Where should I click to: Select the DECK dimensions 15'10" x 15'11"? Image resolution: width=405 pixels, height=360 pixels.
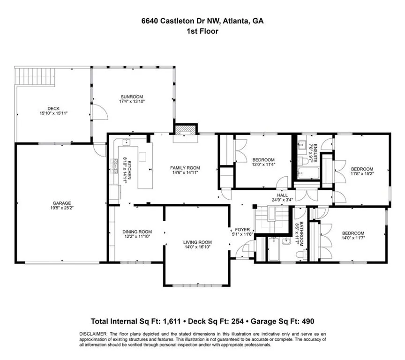tap(54, 113)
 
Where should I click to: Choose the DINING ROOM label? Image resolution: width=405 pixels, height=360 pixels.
tap(137, 232)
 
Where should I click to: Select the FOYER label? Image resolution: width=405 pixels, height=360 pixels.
tap(242, 230)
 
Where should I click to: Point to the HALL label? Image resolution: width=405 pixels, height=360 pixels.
tap(282, 195)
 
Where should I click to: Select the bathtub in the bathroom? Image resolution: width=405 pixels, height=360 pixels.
tap(273, 250)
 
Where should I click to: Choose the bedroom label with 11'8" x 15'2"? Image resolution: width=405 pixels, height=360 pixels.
tap(362, 169)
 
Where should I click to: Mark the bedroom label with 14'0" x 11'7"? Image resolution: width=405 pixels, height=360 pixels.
tap(352, 233)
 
